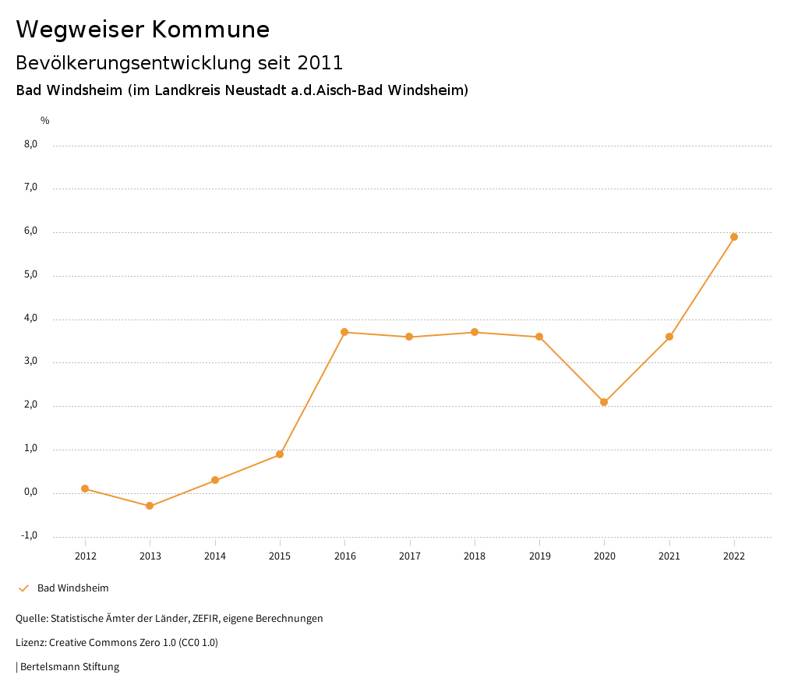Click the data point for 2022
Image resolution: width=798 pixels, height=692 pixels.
coord(734,237)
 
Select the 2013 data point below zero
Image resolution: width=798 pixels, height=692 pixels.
coord(150,506)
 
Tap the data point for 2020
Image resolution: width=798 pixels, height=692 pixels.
coord(604,402)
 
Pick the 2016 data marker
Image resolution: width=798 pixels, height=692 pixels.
coord(344,332)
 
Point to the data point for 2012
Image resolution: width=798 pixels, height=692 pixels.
coord(85,489)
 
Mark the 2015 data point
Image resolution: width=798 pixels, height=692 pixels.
coord(280,454)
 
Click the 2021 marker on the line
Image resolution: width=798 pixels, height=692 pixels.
coord(669,337)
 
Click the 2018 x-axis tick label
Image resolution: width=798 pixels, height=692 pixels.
coord(475,556)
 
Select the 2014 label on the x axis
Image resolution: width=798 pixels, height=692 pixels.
coord(215,556)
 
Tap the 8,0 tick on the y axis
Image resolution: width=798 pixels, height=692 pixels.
coord(30,144)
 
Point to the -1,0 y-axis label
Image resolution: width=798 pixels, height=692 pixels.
coord(30,535)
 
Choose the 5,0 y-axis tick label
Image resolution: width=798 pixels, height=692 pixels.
coord(30,275)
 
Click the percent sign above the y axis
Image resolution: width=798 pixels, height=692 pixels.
coord(45,121)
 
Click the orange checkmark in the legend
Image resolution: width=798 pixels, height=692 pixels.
coord(23,588)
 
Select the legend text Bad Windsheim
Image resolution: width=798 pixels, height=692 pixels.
coord(72,588)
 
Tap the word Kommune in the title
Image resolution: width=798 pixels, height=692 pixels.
coord(210,30)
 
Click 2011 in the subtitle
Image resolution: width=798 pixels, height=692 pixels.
coord(320,62)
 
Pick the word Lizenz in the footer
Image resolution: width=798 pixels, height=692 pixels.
coord(30,643)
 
